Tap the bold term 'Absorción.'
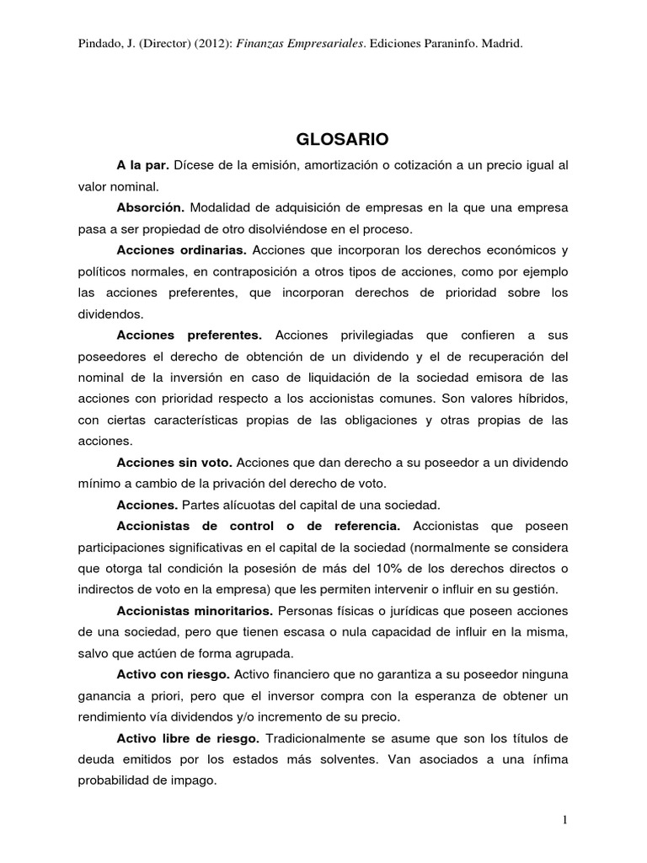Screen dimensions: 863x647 pos(152,207)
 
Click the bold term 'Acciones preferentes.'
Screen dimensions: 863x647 pos(190,335)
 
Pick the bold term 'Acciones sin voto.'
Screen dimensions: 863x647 pos(174,463)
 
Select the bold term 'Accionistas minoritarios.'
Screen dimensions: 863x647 pos(195,610)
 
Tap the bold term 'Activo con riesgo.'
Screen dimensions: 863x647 pos(173,674)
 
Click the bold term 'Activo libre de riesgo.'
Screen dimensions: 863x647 pos(190,738)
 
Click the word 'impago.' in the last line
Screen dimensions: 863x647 pos(193,781)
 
